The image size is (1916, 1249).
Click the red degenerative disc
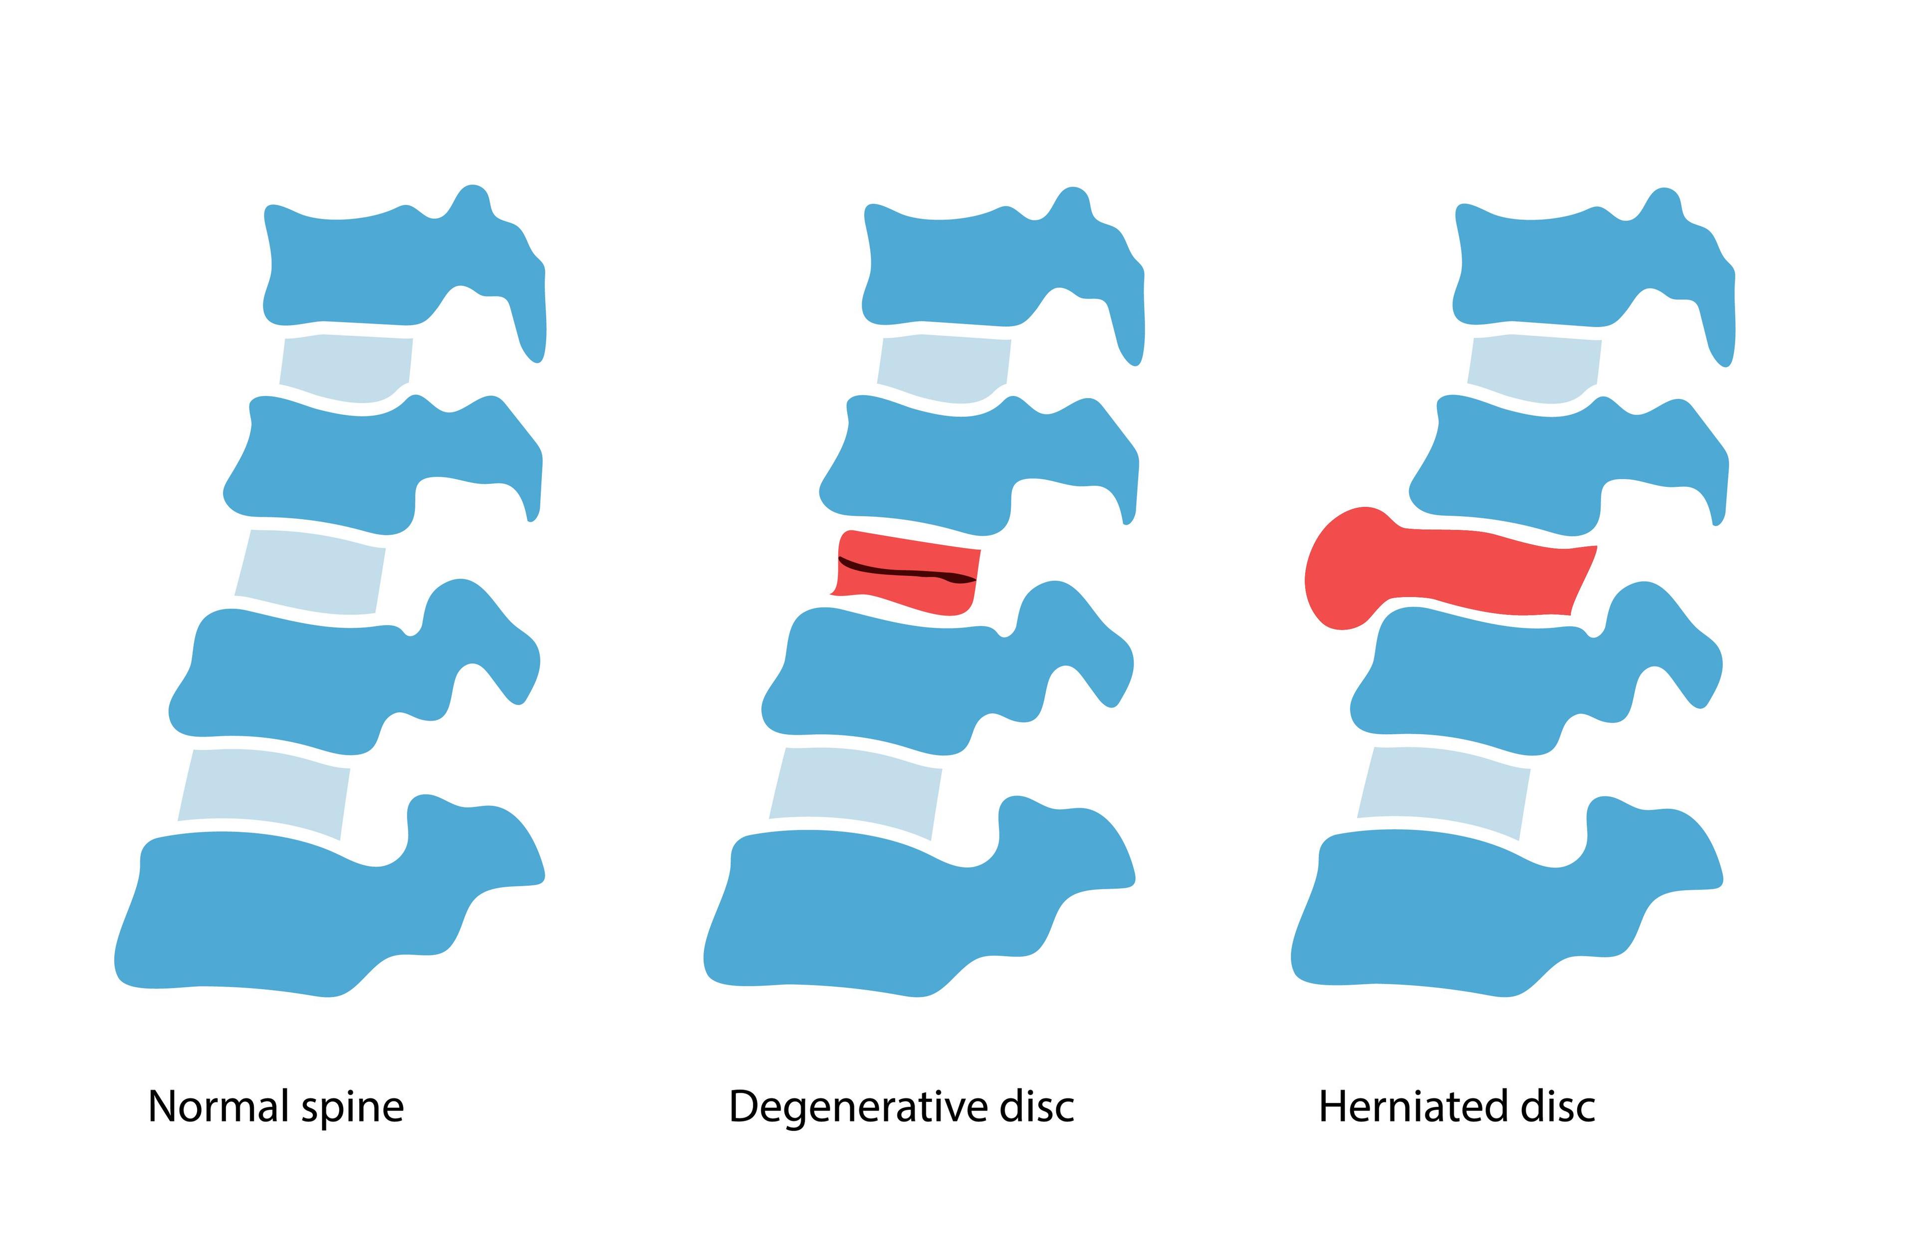coord(906,596)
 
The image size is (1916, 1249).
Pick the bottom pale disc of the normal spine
coord(264,793)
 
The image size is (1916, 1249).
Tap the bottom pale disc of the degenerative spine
coord(855,793)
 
